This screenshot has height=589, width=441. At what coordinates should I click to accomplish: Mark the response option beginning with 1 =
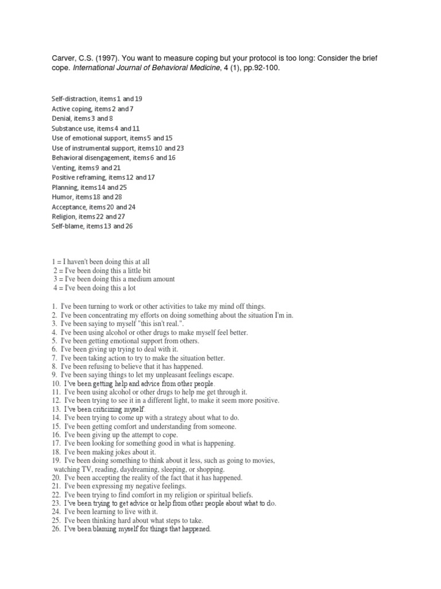[100, 261]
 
